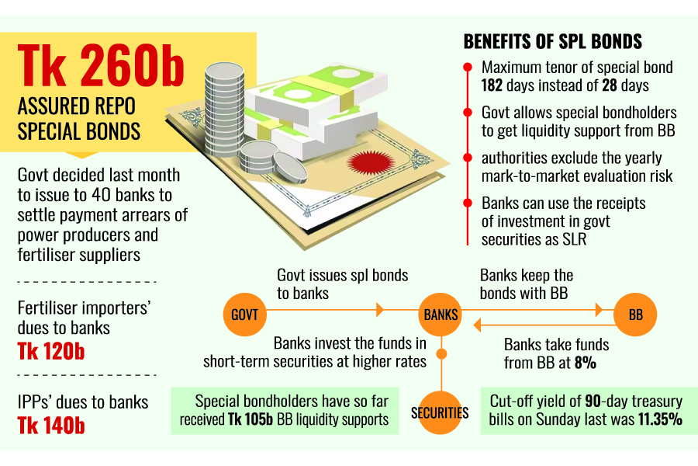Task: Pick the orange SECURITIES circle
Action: tap(440, 412)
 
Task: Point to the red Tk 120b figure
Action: tap(51, 352)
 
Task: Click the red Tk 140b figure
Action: tap(51, 426)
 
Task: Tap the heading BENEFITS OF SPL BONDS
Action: tap(552, 41)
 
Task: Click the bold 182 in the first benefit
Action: tap(495, 85)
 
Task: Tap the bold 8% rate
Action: tap(585, 362)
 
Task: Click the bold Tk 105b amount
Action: tap(247, 420)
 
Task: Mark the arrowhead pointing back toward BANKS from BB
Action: tap(479, 325)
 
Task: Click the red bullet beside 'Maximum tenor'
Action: tap(467, 68)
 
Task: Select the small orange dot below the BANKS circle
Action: tap(441, 354)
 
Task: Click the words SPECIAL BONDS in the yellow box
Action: tap(79, 130)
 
